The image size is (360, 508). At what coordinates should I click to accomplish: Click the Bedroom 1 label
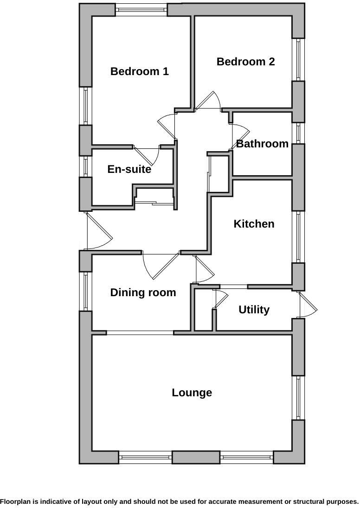(x=139, y=71)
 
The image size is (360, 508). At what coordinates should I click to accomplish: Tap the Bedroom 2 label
(x=245, y=62)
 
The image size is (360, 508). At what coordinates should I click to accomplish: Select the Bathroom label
(x=262, y=144)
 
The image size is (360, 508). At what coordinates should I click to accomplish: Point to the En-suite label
(x=129, y=169)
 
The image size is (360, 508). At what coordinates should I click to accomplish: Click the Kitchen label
(x=254, y=224)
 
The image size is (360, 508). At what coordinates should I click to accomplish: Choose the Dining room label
(x=143, y=292)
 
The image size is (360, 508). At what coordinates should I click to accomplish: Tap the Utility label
(x=254, y=310)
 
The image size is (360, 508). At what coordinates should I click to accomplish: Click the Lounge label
(x=192, y=393)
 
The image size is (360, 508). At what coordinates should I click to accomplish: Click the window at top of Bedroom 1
(x=141, y=10)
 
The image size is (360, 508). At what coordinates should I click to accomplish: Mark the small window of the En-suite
(x=86, y=166)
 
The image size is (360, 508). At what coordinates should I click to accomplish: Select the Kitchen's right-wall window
(x=298, y=236)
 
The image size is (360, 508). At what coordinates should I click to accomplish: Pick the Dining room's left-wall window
(x=86, y=291)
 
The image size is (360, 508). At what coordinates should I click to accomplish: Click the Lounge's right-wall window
(x=298, y=397)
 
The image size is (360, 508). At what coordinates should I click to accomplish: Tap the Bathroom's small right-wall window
(x=298, y=133)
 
